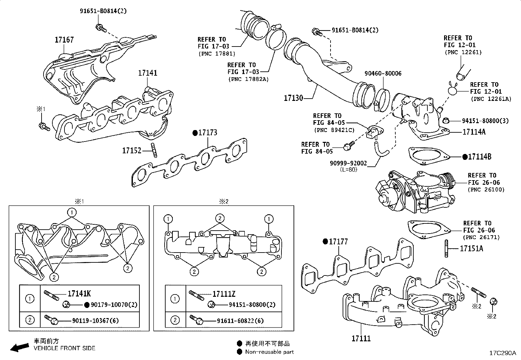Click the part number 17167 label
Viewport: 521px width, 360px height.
coord(64,40)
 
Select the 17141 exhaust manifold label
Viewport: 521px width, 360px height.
coord(147,73)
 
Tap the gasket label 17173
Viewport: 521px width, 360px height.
coord(207,133)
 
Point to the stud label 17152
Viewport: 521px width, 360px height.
coord(132,151)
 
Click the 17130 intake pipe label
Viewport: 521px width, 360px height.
coord(293,98)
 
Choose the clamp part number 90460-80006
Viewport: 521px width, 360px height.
coord(383,74)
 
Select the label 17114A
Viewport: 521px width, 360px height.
coord(474,132)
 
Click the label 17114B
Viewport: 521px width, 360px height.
coord(479,157)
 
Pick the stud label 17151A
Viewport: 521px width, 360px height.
coord(471,249)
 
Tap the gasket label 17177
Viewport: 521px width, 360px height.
coord(338,242)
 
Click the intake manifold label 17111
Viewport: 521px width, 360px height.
coord(361,338)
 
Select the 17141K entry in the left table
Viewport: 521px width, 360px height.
coord(79,294)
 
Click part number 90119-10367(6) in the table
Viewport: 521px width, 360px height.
coord(96,320)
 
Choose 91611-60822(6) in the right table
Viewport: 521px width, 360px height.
coord(240,321)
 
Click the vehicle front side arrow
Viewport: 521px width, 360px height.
coord(19,347)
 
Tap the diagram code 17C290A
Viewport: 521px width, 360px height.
coord(502,353)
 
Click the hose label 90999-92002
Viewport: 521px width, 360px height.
coord(348,163)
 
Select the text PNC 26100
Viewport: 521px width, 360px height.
coord(486,190)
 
